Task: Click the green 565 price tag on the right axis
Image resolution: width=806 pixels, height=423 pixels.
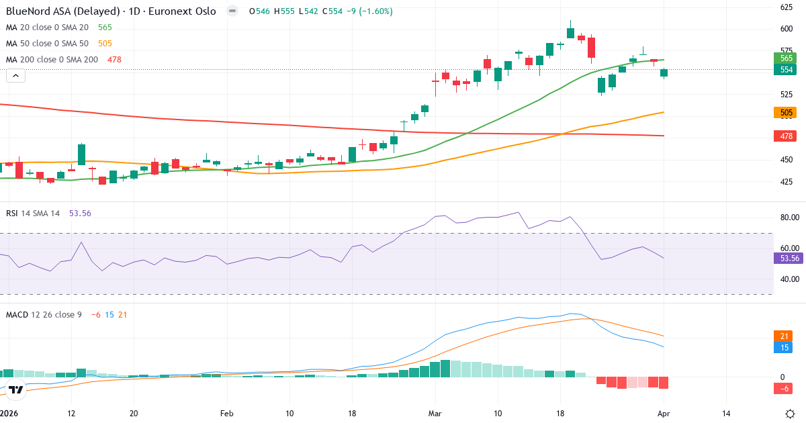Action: [x=787, y=58]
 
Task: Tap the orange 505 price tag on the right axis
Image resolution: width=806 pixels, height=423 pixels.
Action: [x=787, y=113]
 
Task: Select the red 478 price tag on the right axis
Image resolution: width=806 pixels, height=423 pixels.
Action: [x=787, y=136]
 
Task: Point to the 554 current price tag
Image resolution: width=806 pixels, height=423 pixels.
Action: [x=787, y=70]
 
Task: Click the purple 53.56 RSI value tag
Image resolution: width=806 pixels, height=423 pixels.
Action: [x=789, y=258]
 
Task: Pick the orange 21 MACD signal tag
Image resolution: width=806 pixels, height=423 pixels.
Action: [x=785, y=336]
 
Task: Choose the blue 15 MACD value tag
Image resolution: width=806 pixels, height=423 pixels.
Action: [x=785, y=347]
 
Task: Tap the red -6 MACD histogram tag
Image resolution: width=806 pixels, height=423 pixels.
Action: [x=785, y=389]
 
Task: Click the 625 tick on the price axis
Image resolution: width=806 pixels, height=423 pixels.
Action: [x=786, y=7]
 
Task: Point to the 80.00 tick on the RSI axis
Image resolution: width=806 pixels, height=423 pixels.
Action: [x=789, y=218]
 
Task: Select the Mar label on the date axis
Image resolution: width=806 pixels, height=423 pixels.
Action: [x=436, y=414]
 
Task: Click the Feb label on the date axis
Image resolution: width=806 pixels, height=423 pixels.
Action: [x=226, y=414]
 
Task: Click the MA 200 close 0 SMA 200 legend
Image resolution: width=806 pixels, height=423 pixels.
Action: [x=52, y=60]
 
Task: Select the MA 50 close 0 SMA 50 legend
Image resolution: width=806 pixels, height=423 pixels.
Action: [x=48, y=44]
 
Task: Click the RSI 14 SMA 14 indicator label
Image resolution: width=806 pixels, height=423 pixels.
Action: [x=33, y=213]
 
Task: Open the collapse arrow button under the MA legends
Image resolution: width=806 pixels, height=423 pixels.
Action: [x=15, y=76]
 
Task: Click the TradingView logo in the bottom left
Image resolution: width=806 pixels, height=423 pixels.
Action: [x=16, y=389]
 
